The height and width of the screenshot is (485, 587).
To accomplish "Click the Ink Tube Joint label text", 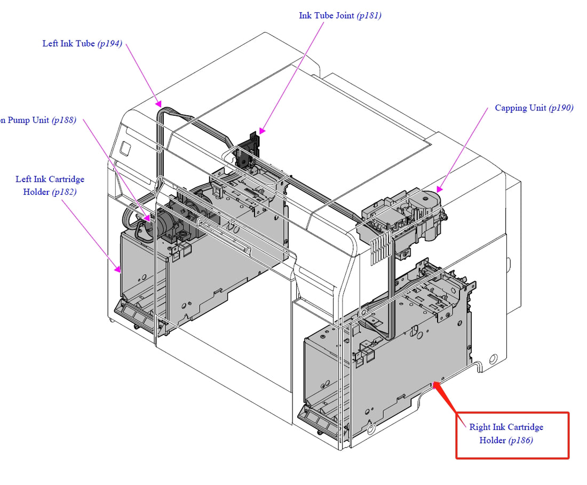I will (x=327, y=15).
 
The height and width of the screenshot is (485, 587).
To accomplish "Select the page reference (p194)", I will (x=109, y=44).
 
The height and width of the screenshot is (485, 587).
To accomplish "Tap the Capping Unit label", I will (x=520, y=108).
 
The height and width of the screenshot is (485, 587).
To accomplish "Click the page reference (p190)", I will (x=561, y=108).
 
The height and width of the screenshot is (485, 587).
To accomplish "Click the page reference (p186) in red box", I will (x=520, y=440).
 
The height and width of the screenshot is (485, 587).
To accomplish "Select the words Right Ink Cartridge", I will (x=506, y=427).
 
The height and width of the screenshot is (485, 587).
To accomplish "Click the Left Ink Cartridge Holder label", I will (x=50, y=185).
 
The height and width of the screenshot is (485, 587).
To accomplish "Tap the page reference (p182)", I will (x=64, y=192).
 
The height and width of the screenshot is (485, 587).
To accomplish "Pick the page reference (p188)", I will (x=64, y=120).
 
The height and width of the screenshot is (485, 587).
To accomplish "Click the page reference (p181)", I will (x=369, y=15).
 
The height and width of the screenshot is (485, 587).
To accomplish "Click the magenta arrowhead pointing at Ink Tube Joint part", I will (x=261, y=131).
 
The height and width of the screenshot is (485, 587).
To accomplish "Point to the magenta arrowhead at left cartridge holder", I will (x=118, y=269).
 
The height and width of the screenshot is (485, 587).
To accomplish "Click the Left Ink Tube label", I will (x=69, y=44).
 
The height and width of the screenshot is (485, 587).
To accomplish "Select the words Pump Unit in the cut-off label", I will (x=29, y=120).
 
